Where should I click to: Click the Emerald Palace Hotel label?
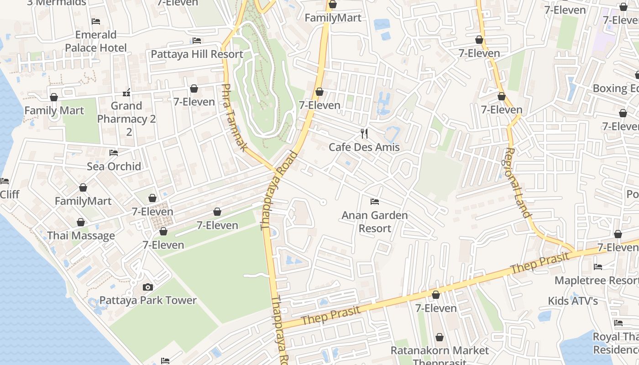pyautogui.click(x=96, y=41)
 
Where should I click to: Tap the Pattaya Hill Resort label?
pyautogui.click(x=197, y=54)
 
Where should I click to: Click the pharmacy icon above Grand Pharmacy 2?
pyautogui.click(x=126, y=93)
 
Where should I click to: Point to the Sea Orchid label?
pyautogui.click(x=114, y=166)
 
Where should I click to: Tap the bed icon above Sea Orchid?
pyautogui.click(x=114, y=152)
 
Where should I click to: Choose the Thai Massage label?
pyautogui.click(x=81, y=235)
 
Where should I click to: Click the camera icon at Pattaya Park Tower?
pyautogui.click(x=147, y=287)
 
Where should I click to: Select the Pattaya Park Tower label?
pyautogui.click(x=148, y=300)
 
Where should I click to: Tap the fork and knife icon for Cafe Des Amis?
pyautogui.click(x=364, y=133)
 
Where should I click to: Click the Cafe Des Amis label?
pyautogui.click(x=364, y=147)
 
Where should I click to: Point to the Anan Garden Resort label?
pyautogui.click(x=375, y=221)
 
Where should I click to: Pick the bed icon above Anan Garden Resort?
pyautogui.click(x=375, y=201)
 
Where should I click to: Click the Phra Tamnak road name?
pyautogui.click(x=234, y=117)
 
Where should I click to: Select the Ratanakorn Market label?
pyautogui.click(x=440, y=350)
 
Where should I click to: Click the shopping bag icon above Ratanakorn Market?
pyautogui.click(x=440, y=337)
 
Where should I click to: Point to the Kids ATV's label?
pyautogui.click(x=573, y=301)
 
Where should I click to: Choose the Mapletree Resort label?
pyautogui.click(x=596, y=280)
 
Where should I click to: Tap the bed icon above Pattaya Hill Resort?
pyautogui.click(x=197, y=41)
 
